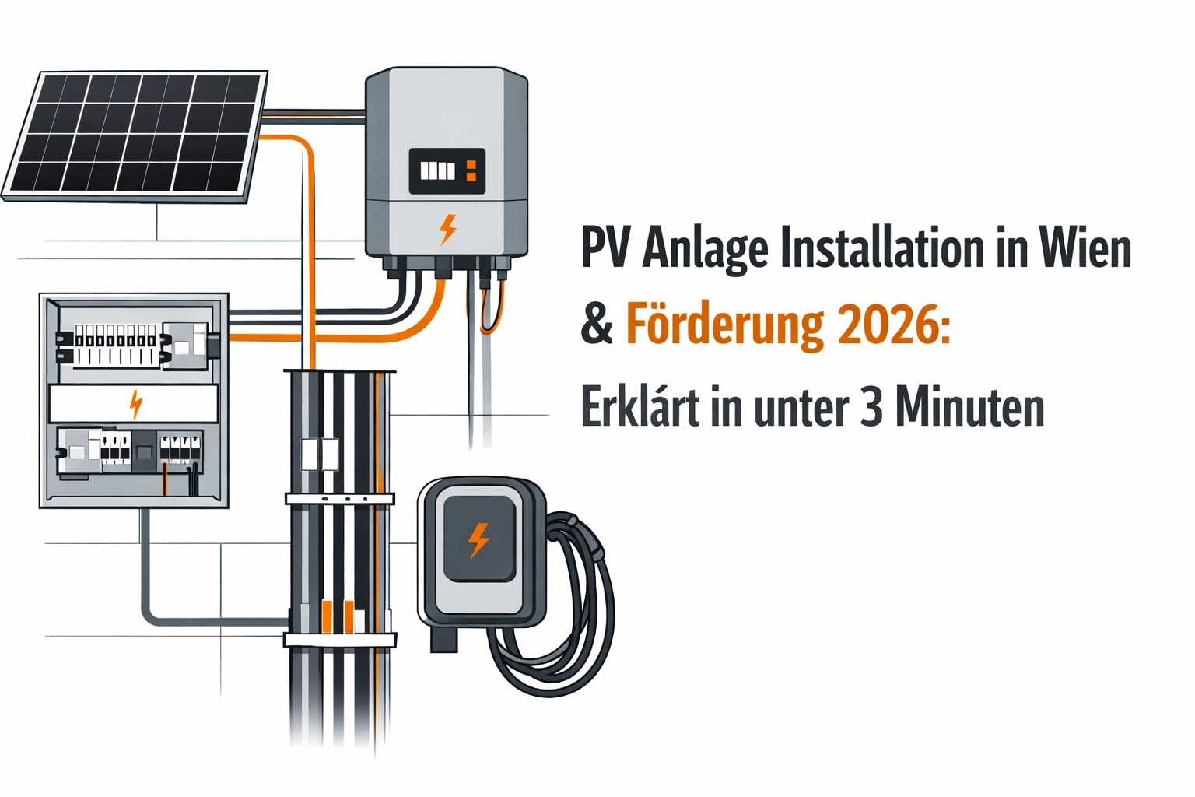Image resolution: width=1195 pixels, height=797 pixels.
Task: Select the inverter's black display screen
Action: [447, 170]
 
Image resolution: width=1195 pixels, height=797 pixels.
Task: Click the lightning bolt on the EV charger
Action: [478, 539]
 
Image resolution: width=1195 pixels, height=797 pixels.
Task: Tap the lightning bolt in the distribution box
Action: [135, 404]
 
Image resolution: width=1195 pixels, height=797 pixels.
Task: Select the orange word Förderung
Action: [724, 325]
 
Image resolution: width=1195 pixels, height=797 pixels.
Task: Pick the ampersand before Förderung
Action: [597, 325]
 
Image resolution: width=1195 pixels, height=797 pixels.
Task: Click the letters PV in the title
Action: [608, 248]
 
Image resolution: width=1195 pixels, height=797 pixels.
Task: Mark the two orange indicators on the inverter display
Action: [471, 170]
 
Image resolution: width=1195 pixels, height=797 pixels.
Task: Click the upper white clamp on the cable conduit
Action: [339, 498]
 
